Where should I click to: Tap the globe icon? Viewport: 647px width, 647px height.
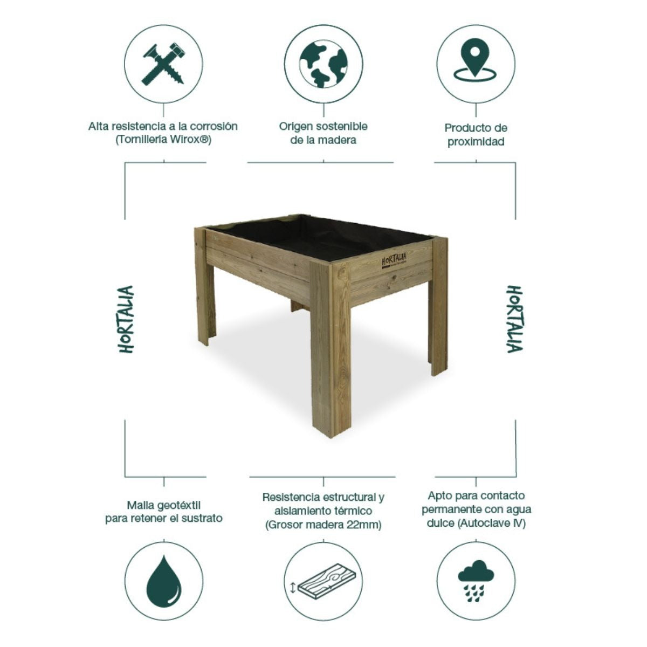coord(323,63)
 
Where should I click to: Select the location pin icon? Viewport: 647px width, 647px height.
coord(474,63)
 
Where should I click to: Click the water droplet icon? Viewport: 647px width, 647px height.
coord(163,581)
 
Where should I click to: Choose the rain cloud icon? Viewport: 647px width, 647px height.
coord(475,580)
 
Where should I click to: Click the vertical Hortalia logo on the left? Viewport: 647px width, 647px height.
coord(126,319)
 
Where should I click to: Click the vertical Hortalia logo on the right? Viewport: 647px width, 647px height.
coord(514,319)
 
